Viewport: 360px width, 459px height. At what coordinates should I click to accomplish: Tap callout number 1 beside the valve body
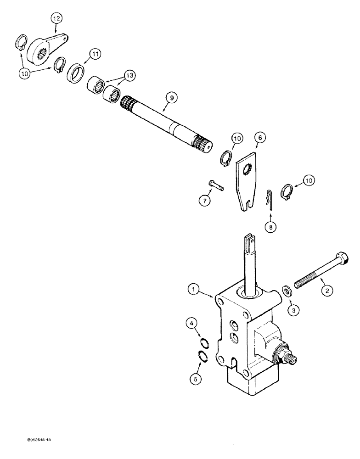(x=194, y=289)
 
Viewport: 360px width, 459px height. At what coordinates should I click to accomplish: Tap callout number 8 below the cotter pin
(x=270, y=226)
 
